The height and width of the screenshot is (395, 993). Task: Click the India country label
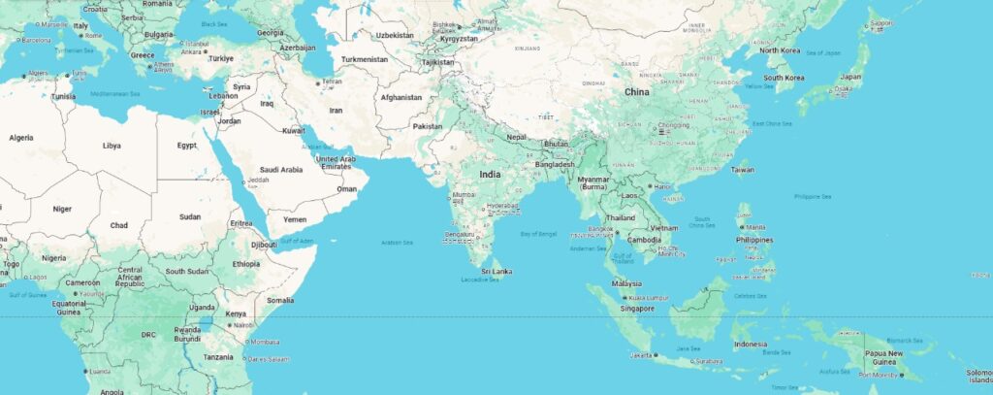click(490, 174)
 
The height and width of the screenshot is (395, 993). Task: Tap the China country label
click(636, 91)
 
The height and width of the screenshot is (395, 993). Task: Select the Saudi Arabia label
click(281, 169)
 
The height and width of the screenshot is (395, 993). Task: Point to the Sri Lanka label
click(496, 271)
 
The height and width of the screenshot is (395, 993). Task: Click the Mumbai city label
click(464, 195)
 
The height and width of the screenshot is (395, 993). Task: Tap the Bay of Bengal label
click(538, 235)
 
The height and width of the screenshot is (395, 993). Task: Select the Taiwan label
click(742, 169)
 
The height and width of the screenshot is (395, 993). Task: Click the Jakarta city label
click(640, 355)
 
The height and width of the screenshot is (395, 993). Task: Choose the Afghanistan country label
click(401, 97)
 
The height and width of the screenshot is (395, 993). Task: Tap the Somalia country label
click(280, 300)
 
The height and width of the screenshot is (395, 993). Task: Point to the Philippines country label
click(754, 239)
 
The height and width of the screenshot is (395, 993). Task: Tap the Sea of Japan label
click(819, 51)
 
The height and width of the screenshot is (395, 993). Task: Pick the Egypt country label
click(187, 146)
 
